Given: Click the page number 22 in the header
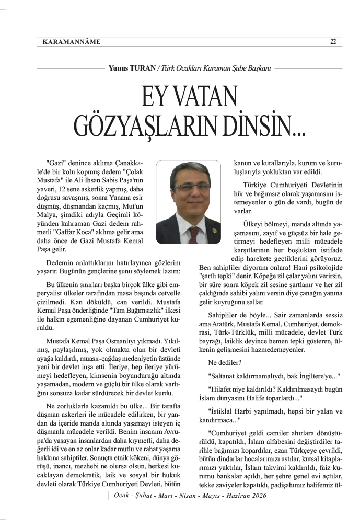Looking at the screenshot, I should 333,42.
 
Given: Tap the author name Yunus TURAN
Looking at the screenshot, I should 130,68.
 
